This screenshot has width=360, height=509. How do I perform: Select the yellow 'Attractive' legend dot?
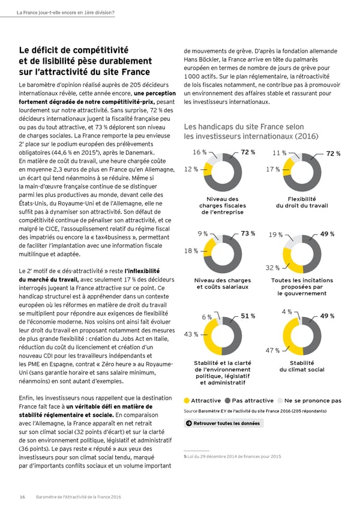[x=187, y=400]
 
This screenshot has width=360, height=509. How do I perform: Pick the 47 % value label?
[x=272, y=351]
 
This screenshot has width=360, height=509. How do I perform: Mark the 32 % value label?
[x=273, y=267]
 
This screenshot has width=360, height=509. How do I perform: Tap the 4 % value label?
[x=286, y=312]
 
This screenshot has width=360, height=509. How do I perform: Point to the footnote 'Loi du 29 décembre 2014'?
[x=232, y=457]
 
